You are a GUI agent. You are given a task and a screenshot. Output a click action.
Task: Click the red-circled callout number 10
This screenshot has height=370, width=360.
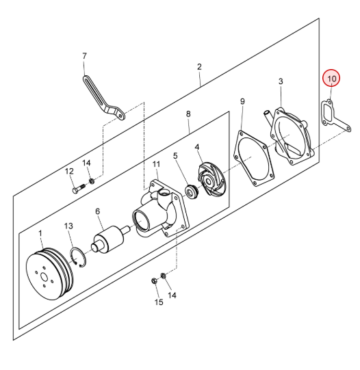331,79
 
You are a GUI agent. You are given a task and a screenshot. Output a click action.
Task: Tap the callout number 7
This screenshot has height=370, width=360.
84,56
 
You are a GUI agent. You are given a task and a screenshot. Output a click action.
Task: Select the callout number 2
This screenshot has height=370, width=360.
199,67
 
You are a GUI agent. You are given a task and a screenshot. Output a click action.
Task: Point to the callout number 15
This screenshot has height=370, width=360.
159,302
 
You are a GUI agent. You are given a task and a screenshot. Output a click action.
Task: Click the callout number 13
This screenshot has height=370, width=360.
68,226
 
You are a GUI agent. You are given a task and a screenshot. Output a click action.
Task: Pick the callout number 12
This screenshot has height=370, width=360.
69,171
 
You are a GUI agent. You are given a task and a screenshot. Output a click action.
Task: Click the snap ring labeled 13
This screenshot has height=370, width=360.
79,257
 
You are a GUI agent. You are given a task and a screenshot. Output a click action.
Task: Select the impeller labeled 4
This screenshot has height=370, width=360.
211,179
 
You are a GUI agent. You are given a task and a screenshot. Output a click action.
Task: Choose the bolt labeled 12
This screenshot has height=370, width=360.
79,187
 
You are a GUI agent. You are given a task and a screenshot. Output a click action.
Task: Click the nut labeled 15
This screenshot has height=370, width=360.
154,281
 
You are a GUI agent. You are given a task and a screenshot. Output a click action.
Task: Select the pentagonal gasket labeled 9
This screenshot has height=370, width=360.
254,158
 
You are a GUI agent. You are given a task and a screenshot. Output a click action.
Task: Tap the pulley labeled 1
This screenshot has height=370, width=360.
49,274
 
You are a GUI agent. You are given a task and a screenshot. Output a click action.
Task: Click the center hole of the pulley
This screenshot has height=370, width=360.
44,277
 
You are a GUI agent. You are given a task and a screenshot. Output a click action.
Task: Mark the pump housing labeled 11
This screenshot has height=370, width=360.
161,209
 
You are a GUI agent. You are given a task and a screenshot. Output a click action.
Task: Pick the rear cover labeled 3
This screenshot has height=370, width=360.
290,135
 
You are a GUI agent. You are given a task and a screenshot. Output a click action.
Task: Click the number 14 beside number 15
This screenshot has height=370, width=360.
172,295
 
